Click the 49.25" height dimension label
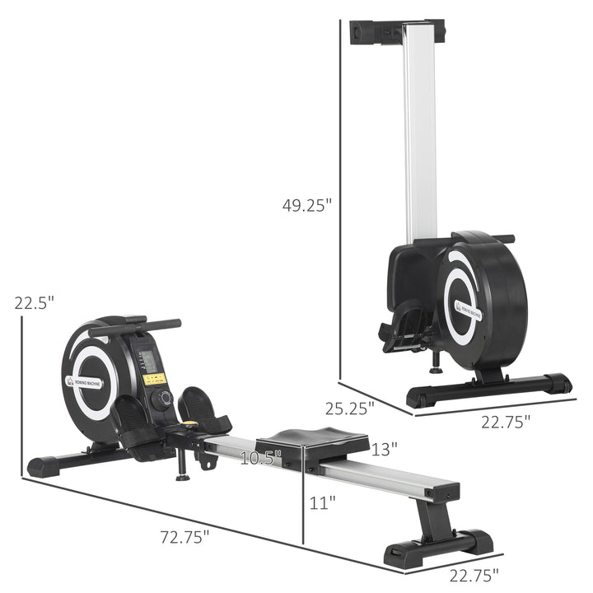[x=306, y=205]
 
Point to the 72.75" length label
[x=184, y=536]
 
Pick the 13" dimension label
[x=384, y=449]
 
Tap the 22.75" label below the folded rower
[x=504, y=420]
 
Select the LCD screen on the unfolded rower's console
[x=148, y=361]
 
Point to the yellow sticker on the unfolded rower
[x=155, y=380]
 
